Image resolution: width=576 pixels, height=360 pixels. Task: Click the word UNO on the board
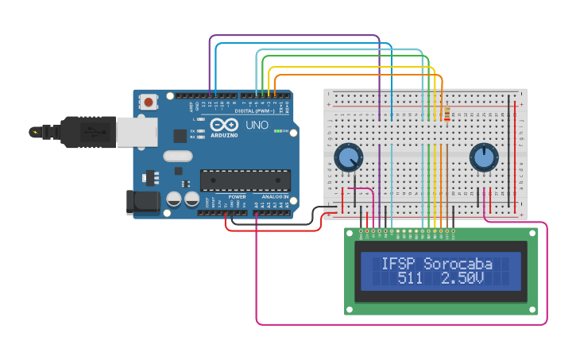257,126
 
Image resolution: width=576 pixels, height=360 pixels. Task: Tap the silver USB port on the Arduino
136,133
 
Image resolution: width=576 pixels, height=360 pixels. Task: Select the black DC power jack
142,202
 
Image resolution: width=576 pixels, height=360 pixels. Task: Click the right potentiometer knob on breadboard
483,157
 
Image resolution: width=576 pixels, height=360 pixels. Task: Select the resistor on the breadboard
446,115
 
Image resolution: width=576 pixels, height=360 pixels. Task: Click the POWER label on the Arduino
237,196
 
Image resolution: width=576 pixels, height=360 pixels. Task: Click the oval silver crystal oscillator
179,157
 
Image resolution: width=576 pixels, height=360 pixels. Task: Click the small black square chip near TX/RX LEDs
180,136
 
